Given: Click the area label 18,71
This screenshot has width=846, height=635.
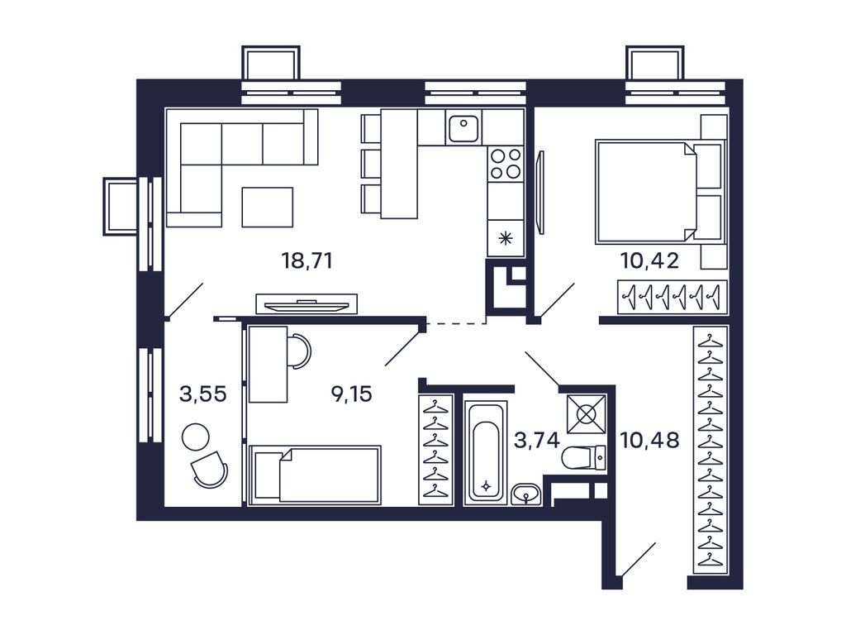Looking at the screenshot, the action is [307, 261].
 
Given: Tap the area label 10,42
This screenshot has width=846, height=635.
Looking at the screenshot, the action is [649, 261].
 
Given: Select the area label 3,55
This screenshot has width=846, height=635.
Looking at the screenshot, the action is [203, 394].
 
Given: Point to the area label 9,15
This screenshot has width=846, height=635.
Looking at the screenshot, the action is [351, 394].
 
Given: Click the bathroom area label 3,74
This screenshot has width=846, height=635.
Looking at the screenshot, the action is [536, 441].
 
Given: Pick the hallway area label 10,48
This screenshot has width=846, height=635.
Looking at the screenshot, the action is [649, 441].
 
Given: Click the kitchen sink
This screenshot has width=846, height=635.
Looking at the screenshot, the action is [463, 128].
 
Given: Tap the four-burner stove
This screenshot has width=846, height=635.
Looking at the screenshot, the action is [506, 164].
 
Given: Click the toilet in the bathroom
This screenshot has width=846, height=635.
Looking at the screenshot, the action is [583, 458].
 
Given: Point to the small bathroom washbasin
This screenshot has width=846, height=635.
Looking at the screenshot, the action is [525, 494].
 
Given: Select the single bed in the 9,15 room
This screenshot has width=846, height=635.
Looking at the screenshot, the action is [315, 475].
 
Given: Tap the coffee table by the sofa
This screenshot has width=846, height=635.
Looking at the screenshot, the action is [268, 207].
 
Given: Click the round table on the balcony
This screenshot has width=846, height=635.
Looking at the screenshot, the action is [195, 437].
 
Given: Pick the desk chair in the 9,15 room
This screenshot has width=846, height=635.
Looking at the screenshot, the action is [298, 351].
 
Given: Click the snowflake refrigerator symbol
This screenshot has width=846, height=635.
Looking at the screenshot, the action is [506, 237].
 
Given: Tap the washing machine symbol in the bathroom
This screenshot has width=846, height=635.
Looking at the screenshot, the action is [586, 414].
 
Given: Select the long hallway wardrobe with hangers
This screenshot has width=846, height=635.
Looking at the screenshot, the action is [710, 450].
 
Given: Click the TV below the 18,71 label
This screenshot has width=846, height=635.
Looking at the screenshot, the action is [307, 304].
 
